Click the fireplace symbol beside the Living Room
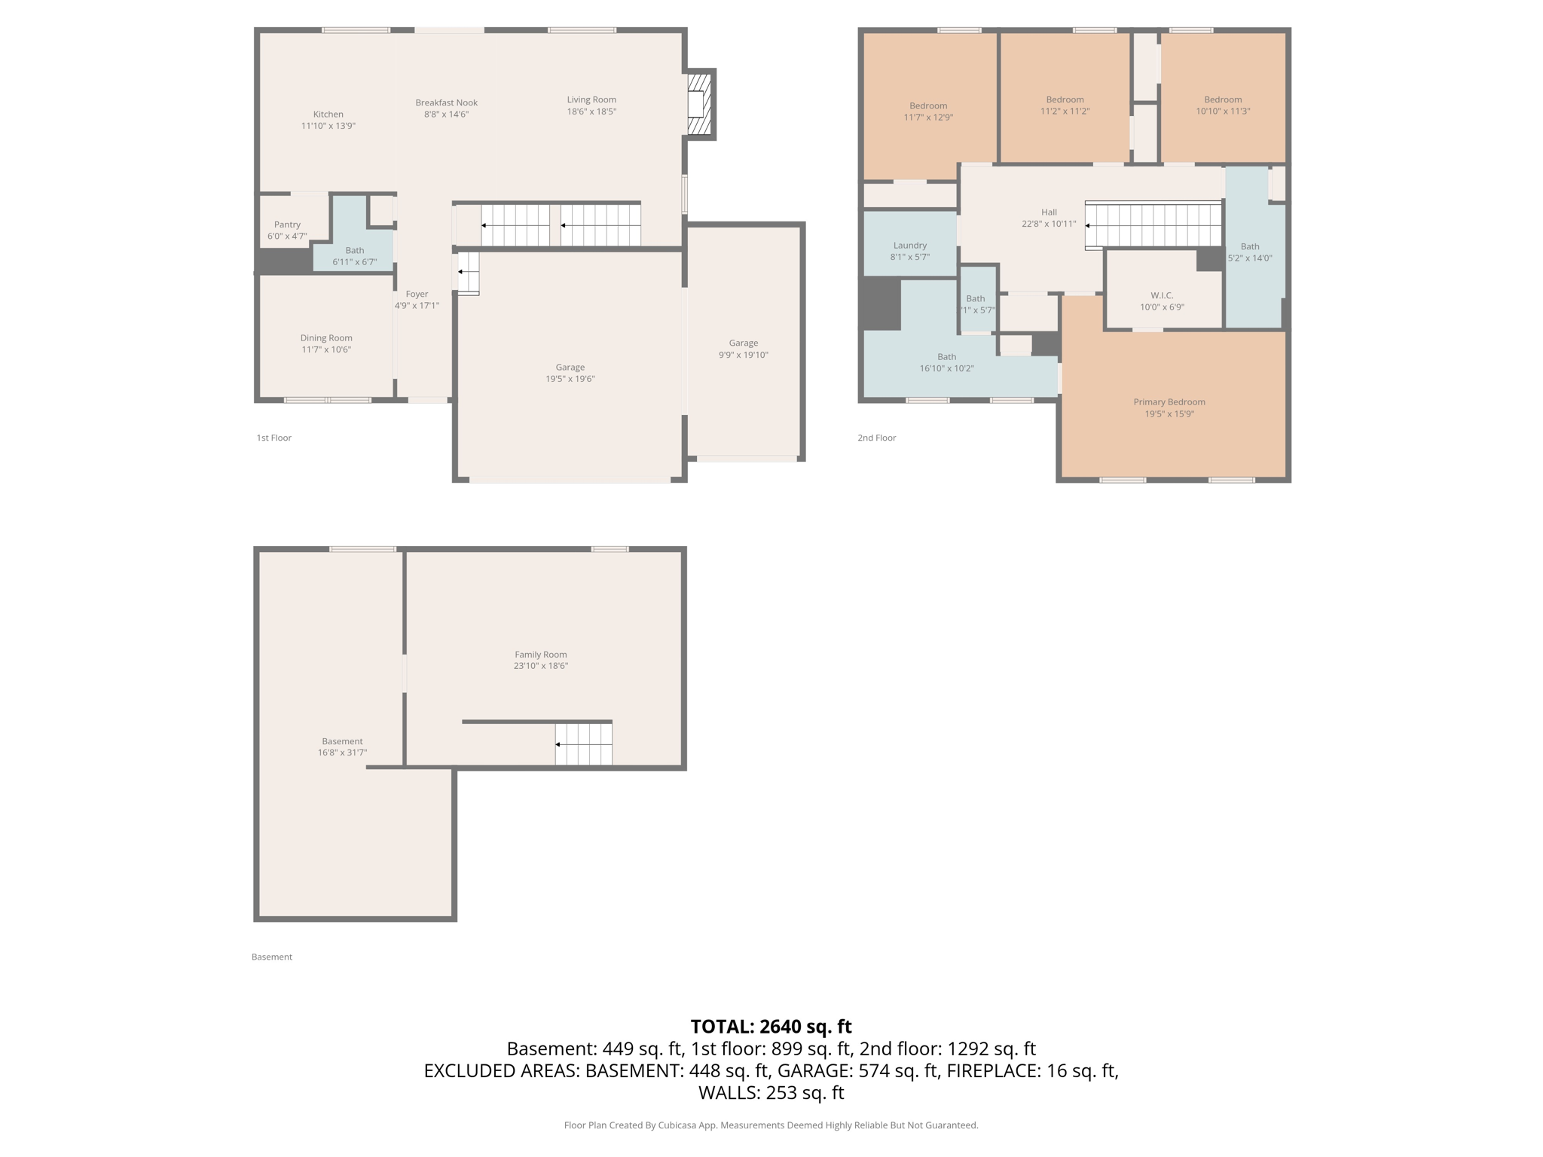click(x=700, y=103)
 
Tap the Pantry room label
click(x=287, y=224)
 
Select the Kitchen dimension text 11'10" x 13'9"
click(x=328, y=126)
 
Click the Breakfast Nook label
click(x=446, y=102)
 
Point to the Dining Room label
click(x=325, y=338)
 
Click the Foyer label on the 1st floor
click(x=417, y=294)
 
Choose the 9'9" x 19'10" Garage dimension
click(x=743, y=355)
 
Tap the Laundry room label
click(x=909, y=245)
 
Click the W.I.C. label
click(x=1162, y=295)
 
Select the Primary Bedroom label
click(x=1169, y=402)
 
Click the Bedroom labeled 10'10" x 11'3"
click(x=1222, y=99)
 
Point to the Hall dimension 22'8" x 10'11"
click(x=1049, y=224)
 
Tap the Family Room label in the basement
click(x=540, y=655)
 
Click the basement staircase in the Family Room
click(x=584, y=743)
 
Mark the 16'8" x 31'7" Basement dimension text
click(x=342, y=753)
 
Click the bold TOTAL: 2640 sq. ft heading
click(x=771, y=1027)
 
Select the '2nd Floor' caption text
click(x=876, y=438)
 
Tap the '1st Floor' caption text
click(x=273, y=438)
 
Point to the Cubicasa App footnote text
click(x=771, y=1125)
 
